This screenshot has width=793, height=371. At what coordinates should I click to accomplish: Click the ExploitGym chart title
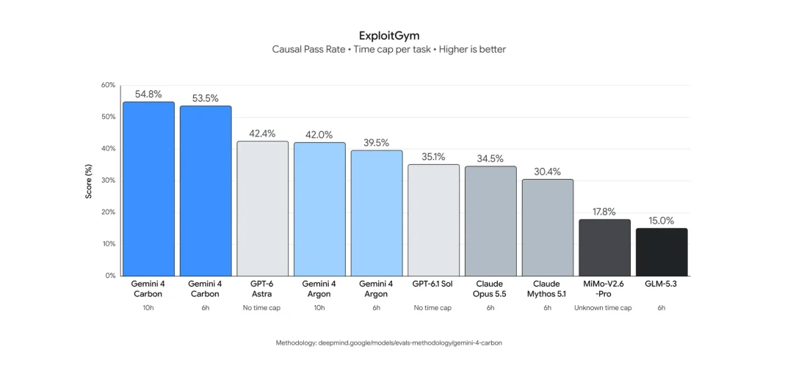point(389,35)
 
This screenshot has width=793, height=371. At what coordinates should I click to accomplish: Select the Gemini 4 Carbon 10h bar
point(148,188)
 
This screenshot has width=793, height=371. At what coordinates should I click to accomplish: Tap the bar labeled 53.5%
point(206,191)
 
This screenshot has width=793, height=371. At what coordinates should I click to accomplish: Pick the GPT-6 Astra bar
point(263,208)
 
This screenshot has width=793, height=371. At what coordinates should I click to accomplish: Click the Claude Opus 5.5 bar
point(490,221)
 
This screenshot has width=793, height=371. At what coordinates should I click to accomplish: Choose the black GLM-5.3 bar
point(662,252)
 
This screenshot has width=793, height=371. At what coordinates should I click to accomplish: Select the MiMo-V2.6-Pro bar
point(604,248)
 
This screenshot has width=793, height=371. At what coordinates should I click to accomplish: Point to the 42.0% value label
point(319,135)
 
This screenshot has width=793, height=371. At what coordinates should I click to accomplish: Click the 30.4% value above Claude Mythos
point(548,172)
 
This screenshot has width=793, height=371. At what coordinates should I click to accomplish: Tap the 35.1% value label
point(433,157)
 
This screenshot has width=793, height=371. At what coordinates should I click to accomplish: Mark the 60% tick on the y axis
point(108,85)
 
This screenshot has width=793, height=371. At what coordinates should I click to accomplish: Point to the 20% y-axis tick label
point(108,213)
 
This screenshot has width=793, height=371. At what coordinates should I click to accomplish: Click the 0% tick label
point(110,276)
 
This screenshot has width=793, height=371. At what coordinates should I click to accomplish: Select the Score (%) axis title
point(89,180)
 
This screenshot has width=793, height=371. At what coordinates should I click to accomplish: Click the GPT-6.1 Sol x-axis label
point(433,284)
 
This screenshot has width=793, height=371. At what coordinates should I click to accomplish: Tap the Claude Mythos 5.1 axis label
point(548,289)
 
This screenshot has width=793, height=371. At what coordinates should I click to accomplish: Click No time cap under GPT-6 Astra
point(263,308)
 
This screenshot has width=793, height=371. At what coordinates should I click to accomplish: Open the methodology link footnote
point(389,342)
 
